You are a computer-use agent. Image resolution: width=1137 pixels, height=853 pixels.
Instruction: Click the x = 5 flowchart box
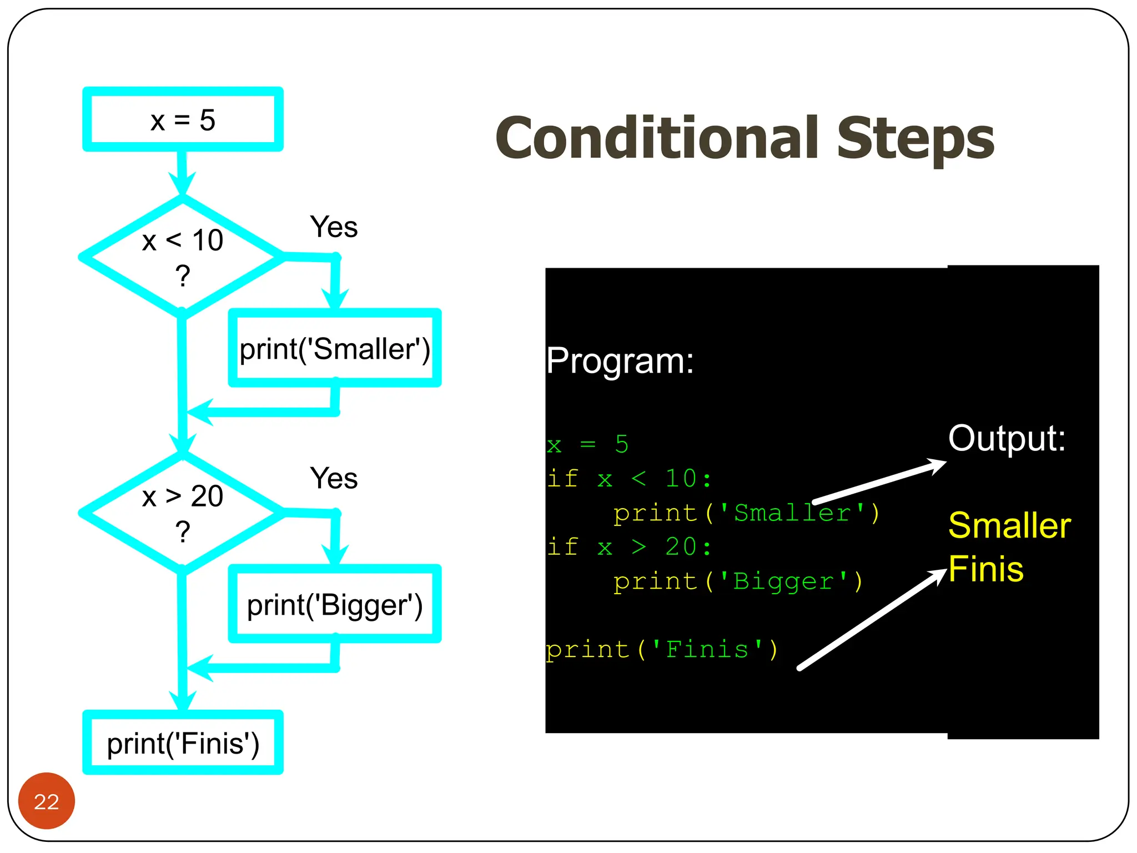[183, 119]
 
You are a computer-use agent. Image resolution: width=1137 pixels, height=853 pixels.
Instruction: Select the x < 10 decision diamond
[182, 257]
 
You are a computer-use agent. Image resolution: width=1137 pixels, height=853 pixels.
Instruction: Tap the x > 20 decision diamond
[182, 512]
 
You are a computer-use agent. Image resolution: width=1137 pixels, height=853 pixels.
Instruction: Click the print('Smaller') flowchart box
[334, 349]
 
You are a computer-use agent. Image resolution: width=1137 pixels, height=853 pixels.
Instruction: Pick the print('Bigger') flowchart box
[334, 604]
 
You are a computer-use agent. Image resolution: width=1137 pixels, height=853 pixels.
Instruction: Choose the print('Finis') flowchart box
[183, 743]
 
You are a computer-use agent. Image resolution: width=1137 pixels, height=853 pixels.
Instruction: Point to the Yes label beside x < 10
[334, 227]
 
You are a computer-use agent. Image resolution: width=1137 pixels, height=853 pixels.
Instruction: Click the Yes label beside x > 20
[334, 478]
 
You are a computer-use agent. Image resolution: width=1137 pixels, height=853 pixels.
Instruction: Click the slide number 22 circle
[47, 801]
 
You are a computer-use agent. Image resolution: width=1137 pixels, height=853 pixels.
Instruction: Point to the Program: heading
[620, 361]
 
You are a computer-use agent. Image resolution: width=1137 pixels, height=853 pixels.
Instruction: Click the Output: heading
[1007, 438]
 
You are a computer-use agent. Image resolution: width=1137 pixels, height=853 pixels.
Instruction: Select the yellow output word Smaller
[1009, 525]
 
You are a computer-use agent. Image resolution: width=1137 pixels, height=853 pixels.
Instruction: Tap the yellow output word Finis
[985, 569]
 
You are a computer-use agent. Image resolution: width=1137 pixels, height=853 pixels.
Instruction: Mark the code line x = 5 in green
[587, 445]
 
